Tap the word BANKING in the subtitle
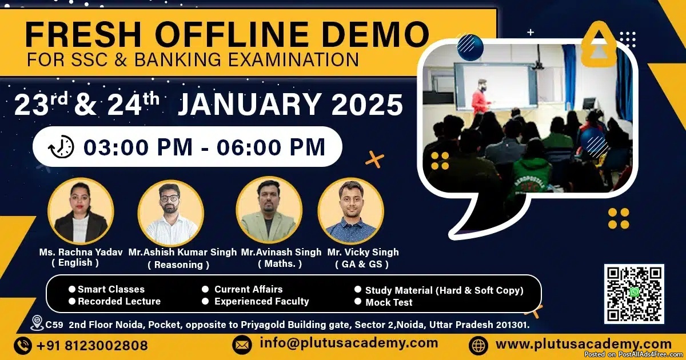[x=178, y=59]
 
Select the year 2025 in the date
[x=367, y=105]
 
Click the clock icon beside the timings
[x=61, y=146]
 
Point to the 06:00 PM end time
[x=271, y=147]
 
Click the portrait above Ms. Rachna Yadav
[x=81, y=211]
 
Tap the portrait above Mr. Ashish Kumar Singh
[x=171, y=213]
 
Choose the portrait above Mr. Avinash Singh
[x=269, y=210]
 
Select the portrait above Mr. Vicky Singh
[x=351, y=211]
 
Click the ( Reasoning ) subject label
[x=178, y=265]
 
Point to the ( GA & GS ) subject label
[x=362, y=264]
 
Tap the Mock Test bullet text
[x=389, y=302]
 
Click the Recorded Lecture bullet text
[x=119, y=301]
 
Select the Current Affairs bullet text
[x=248, y=289]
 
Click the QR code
[x=634, y=294]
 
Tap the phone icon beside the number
[x=23, y=346]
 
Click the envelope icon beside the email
[x=242, y=345]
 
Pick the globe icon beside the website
[x=478, y=345]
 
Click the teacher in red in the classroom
[x=481, y=98]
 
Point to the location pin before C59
[x=37, y=323]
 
